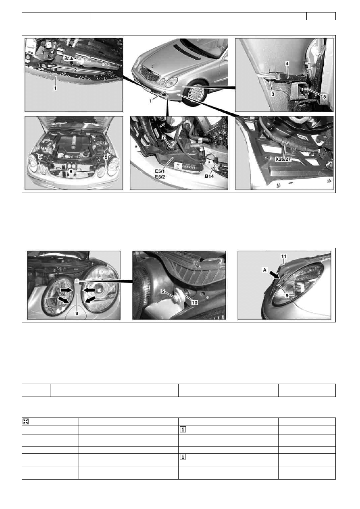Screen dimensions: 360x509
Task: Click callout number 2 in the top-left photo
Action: (x=75, y=70)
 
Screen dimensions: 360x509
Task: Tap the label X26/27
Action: (x=283, y=159)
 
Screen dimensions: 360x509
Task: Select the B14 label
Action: (x=209, y=176)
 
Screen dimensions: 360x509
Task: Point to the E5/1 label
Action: (x=160, y=171)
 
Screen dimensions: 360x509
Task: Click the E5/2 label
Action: (x=160, y=177)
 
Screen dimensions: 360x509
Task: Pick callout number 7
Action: (x=163, y=137)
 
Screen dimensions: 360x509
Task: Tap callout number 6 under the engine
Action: (x=71, y=172)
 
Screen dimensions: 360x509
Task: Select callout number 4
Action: (x=287, y=64)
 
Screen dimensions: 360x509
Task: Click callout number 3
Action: (x=273, y=94)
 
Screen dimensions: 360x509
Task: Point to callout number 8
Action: (x=325, y=97)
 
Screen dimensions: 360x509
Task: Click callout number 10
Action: (x=195, y=303)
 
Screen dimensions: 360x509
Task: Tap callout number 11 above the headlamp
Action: (x=284, y=256)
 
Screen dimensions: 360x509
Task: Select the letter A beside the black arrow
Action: (x=264, y=270)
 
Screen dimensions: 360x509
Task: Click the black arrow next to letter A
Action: (x=274, y=274)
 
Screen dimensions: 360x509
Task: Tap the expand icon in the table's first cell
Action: (x=26, y=422)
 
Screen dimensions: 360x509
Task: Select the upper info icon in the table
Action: (x=183, y=430)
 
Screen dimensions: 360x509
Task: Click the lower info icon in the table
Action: (x=183, y=457)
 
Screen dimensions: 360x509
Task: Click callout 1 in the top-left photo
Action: (x=55, y=88)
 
